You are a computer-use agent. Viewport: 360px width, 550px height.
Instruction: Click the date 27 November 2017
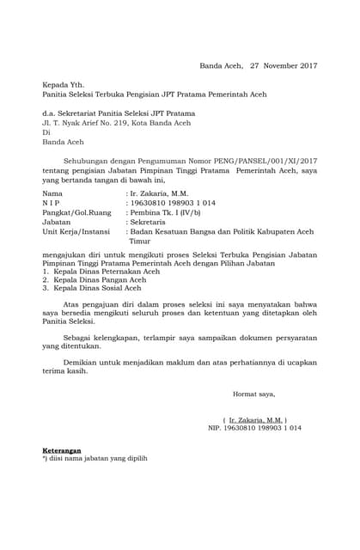pyautogui.click(x=284, y=65)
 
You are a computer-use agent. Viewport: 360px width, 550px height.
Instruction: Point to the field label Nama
pyautogui.click(x=53, y=193)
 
